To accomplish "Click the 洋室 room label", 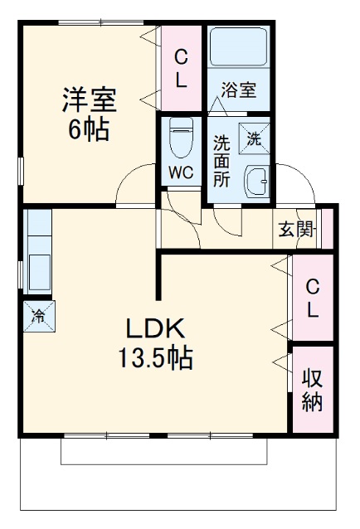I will pos(88,99).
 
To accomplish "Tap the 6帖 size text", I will pos(88,130).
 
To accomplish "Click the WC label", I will pos(181,173).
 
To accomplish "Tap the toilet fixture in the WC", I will pos(181,137).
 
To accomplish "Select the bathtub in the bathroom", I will pos(238,48).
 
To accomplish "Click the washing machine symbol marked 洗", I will pos(255,138).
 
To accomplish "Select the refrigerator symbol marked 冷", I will pos(39,315).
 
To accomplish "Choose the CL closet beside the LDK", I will pos(312,298).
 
